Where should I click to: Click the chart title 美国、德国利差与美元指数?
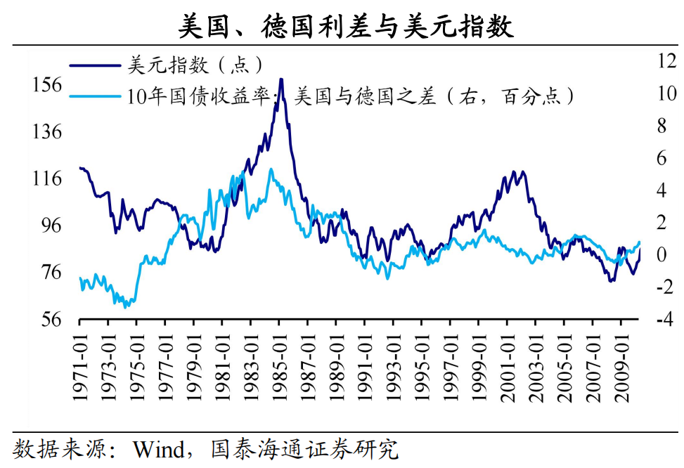click(345, 26)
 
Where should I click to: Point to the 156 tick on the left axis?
click(48, 84)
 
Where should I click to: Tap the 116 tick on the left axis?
click(48, 178)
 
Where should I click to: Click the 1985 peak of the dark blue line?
click(281, 79)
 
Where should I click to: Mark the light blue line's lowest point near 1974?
click(126, 307)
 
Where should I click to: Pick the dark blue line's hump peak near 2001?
click(514, 171)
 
